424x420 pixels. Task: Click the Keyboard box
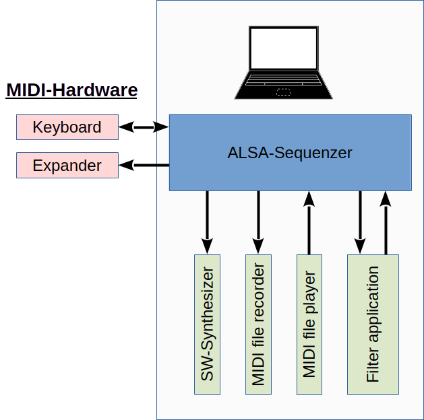pyautogui.click(x=67, y=127)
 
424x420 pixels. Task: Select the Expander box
pyautogui.click(x=67, y=165)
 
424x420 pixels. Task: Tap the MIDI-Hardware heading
pyautogui.click(x=71, y=90)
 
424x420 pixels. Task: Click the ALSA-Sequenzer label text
pyautogui.click(x=290, y=153)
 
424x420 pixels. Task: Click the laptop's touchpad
pyautogui.click(x=284, y=91)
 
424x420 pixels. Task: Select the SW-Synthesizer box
pyautogui.click(x=208, y=324)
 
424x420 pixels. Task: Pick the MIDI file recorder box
pyautogui.click(x=258, y=324)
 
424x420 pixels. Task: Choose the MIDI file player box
pyautogui.click(x=309, y=324)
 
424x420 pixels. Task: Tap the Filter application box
pyautogui.click(x=373, y=324)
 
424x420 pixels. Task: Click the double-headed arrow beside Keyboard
pyautogui.click(x=144, y=127)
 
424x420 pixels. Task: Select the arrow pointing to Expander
pyautogui.click(x=144, y=164)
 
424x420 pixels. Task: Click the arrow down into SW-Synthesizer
pyautogui.click(x=207, y=222)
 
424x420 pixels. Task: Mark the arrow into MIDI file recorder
pyautogui.click(x=258, y=222)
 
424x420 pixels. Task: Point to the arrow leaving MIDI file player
pyautogui.click(x=309, y=222)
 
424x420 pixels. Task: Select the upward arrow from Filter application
pyautogui.click(x=386, y=222)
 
